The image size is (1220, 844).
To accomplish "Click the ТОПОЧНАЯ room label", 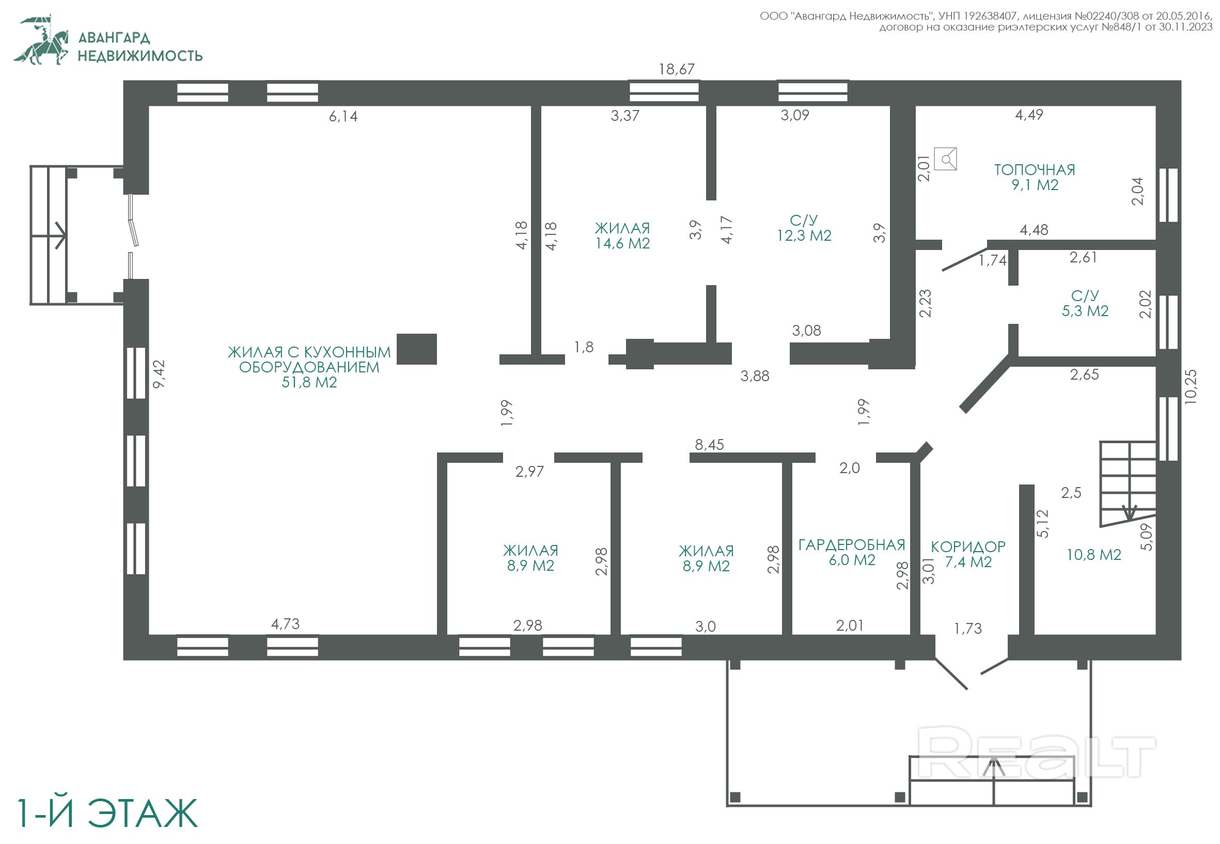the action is [x=1035, y=170].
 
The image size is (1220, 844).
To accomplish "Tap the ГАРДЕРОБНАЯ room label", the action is [x=851, y=545].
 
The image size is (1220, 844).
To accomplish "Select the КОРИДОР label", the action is [x=968, y=546].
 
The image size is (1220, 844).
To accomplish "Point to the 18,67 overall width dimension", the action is [x=676, y=69].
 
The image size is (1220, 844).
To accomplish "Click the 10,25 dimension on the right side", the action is [x=1190, y=387].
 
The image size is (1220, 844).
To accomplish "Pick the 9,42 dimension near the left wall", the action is [x=159, y=374].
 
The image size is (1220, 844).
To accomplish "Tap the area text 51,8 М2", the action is [x=309, y=382].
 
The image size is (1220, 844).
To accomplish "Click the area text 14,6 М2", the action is [x=622, y=243].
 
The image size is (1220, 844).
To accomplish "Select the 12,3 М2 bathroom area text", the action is [x=804, y=236].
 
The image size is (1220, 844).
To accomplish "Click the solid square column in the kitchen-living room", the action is [x=417, y=349].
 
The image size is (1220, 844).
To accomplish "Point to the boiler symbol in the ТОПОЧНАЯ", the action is [x=946, y=159].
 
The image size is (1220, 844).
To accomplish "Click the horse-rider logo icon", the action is [x=42, y=40].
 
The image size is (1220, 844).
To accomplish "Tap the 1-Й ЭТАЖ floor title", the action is [x=107, y=814].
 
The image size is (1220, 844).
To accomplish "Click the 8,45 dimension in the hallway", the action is [x=709, y=445].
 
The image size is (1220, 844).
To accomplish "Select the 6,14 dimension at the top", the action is [x=343, y=116].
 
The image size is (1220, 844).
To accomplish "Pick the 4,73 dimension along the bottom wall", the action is [x=285, y=624].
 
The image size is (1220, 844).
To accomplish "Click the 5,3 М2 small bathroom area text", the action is [x=1085, y=311].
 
